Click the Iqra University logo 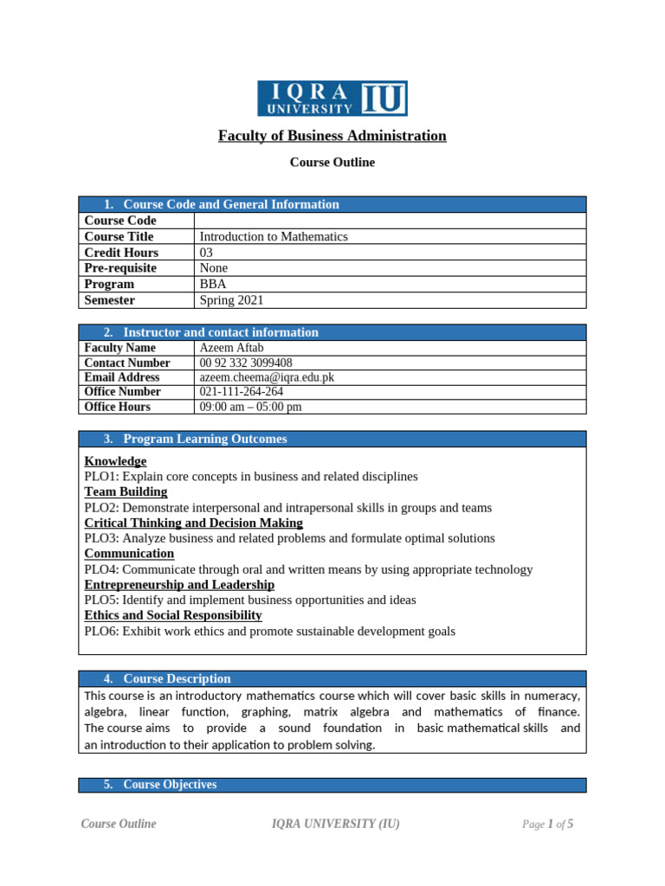point(332,98)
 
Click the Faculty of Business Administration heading point(332,136)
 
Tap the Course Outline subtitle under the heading point(332,163)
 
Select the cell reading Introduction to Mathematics point(274,236)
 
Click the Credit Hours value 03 point(207,253)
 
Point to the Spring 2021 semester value point(231,300)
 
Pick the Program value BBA point(212,285)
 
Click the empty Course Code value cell point(391,221)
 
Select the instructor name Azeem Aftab point(231,348)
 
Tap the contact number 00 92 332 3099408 point(246,363)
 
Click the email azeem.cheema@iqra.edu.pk point(267,377)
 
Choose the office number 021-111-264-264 point(242,392)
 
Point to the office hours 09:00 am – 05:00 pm point(250,407)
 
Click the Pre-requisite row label point(120,268)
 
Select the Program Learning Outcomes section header point(205,439)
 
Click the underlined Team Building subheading point(126,491)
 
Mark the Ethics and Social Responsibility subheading point(172,615)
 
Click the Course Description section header point(177,678)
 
